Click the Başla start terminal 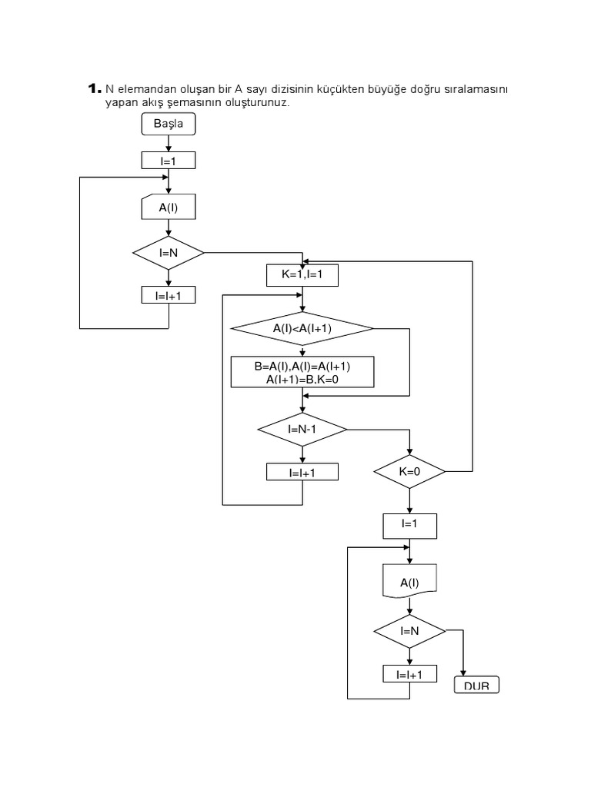pyautogui.click(x=169, y=124)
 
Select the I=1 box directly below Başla pyautogui.click(x=169, y=160)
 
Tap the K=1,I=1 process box pyautogui.click(x=302, y=276)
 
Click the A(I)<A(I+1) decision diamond pyautogui.click(x=302, y=328)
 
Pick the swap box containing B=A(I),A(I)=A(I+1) pyautogui.click(x=302, y=372)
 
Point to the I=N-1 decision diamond pyautogui.click(x=302, y=429)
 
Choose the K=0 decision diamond pyautogui.click(x=409, y=471)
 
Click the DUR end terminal pyautogui.click(x=477, y=685)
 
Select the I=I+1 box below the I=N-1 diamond pyautogui.click(x=302, y=472)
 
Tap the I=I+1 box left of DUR pyautogui.click(x=409, y=674)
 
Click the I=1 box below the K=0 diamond pyautogui.click(x=409, y=526)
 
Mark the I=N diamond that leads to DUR pyautogui.click(x=409, y=631)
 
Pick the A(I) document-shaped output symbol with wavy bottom pyautogui.click(x=409, y=583)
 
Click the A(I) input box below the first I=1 pyautogui.click(x=169, y=207)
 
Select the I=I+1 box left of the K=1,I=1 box pyautogui.click(x=169, y=295)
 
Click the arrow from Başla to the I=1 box pyautogui.click(x=169, y=144)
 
